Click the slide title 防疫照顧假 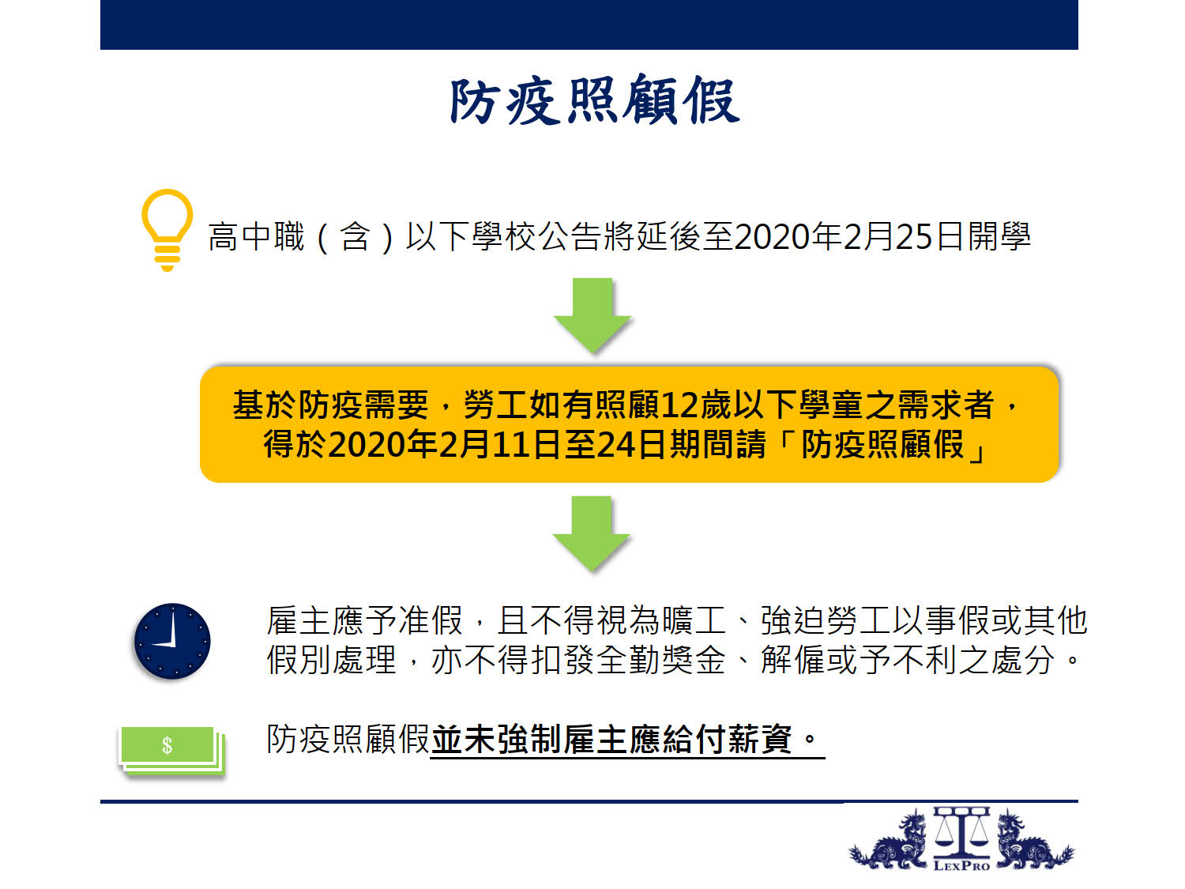tap(594, 100)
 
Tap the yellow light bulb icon tap(167, 230)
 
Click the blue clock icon tap(172, 641)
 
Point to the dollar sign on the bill tap(167, 745)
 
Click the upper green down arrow tap(592, 315)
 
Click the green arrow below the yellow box tap(591, 533)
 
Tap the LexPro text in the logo tap(961, 866)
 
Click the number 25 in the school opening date tap(914, 237)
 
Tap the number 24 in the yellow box tap(616, 445)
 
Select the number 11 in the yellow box tap(510, 445)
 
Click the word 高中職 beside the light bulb tap(257, 236)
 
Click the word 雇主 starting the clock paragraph tap(299, 620)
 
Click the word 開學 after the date tap(999, 236)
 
